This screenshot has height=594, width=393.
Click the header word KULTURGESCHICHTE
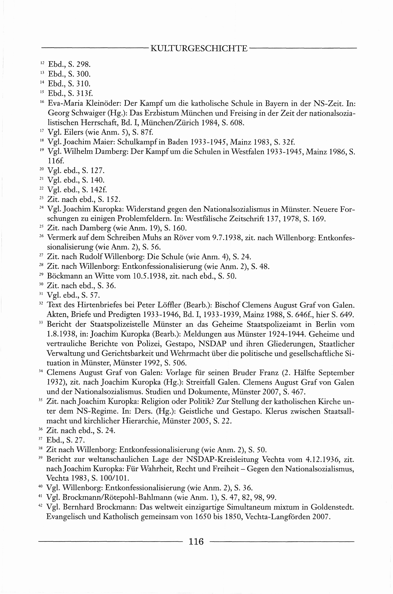click(199, 48)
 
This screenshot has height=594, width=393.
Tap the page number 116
click(196, 541)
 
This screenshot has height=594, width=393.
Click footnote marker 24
click(42, 207)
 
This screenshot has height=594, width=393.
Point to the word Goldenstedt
click(332, 507)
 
